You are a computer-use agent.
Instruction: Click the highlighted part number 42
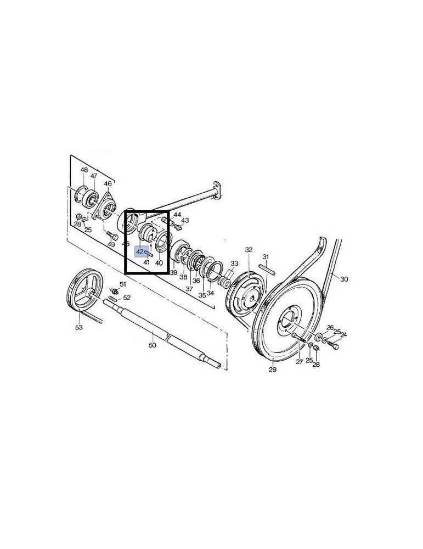click(140, 251)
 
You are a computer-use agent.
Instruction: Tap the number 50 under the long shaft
click(152, 345)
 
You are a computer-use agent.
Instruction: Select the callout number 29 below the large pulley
click(273, 369)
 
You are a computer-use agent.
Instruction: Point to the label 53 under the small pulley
click(79, 327)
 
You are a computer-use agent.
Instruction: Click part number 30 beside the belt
click(345, 279)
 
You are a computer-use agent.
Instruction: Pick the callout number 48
click(84, 170)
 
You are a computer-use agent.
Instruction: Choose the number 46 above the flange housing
click(108, 183)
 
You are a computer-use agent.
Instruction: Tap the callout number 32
click(249, 250)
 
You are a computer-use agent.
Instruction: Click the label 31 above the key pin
click(266, 257)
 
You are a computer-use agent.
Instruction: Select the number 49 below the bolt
click(111, 244)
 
